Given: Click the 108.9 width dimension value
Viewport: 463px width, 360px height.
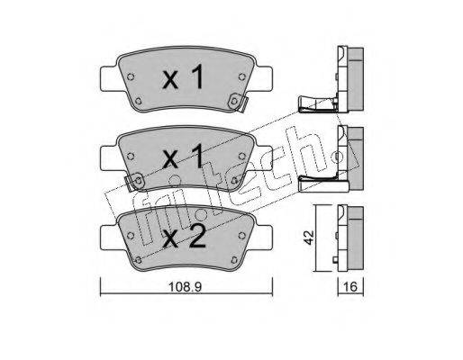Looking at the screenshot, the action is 185,287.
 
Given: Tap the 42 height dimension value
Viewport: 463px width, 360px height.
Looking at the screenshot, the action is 309,238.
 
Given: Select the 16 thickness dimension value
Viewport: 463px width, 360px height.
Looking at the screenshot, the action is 350,287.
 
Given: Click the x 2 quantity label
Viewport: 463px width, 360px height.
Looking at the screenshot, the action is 184,237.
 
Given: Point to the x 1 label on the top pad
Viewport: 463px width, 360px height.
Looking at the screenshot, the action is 183,77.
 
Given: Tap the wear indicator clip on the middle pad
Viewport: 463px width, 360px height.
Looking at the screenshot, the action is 134,181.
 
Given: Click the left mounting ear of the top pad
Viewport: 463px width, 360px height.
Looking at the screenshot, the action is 110,79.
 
